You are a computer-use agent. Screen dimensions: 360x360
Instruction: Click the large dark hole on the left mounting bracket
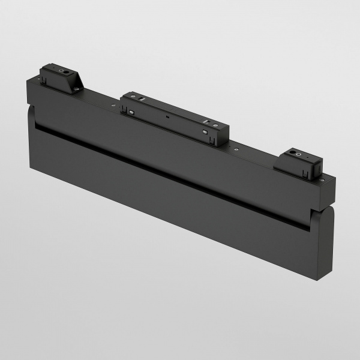(x=62, y=71)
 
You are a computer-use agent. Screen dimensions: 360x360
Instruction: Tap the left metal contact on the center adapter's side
(x=130, y=111)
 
